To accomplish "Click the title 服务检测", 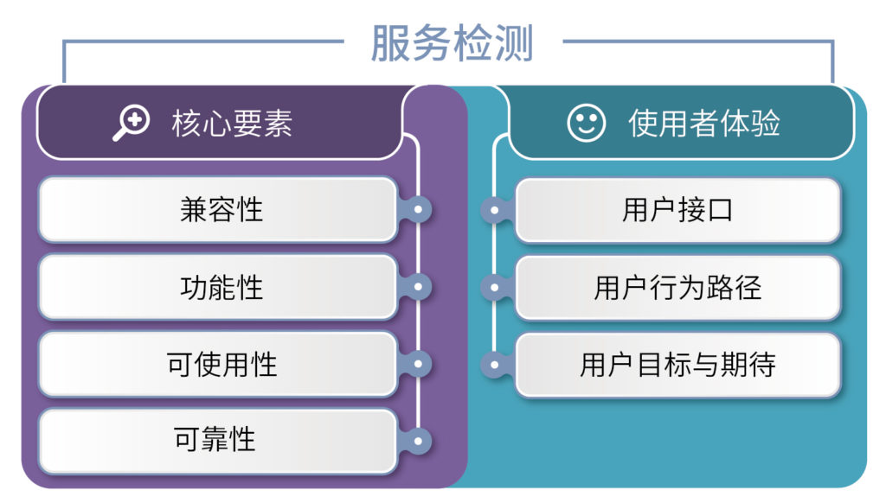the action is (452, 43).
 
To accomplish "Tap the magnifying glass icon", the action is (132, 123).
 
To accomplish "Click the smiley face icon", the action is (587, 123).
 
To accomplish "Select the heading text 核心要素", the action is (232, 124).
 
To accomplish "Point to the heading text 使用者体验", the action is (704, 123).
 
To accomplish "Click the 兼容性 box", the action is (218, 209).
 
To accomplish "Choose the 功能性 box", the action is (218, 287).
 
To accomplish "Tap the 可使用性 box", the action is (218, 364).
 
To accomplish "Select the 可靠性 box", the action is (218, 441).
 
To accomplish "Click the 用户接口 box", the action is (678, 210).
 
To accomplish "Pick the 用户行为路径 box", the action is (678, 287).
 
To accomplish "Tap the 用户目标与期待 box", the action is (678, 365).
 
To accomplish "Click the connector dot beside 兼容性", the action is (418, 209).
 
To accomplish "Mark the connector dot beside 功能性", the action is (418, 287).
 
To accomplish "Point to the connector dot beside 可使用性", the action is (418, 364).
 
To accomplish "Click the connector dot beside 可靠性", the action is (418, 441).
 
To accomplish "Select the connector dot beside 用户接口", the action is (494, 210).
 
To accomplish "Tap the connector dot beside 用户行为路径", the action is (494, 287).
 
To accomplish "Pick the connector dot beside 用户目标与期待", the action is (494, 365).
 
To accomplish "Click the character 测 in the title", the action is (514, 43).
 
